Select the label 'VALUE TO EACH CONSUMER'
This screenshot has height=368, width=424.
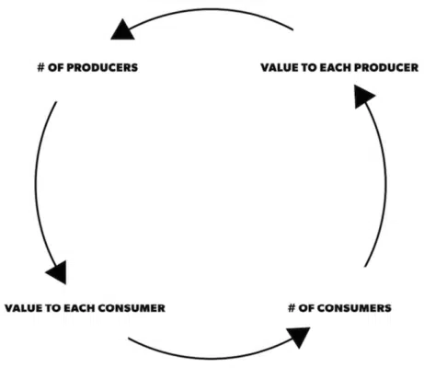(x=84, y=307)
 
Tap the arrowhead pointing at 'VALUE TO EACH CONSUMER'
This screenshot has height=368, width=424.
(x=57, y=270)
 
